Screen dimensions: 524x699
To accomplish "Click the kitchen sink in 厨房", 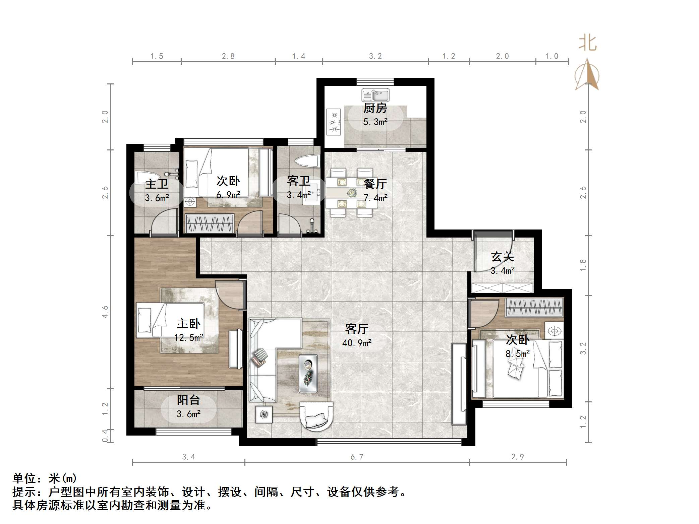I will pos(375,95).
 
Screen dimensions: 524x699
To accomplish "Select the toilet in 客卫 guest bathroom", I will pos(307,161).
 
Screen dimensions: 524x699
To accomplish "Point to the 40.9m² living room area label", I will pos(357,343).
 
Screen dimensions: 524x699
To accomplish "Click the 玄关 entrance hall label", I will pos(502,257).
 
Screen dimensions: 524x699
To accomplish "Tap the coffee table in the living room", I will pos(308,373).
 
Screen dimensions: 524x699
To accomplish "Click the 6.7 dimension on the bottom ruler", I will pos(357,457).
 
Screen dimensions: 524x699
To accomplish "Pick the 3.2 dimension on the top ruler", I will pos(375,56).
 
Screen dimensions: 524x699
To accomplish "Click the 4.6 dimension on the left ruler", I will pos(105,312).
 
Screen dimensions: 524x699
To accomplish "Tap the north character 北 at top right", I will pos(587,43).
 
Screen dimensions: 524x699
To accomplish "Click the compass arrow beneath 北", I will pos(587,75).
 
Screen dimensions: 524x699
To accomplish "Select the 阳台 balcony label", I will pos(188,400).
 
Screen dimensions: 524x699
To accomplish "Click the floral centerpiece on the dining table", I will pos(351,193).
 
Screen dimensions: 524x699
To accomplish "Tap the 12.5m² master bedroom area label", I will pos(189,337).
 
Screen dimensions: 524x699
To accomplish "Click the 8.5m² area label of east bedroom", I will pos(518,353).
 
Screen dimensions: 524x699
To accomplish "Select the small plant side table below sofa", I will pos(264,414).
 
